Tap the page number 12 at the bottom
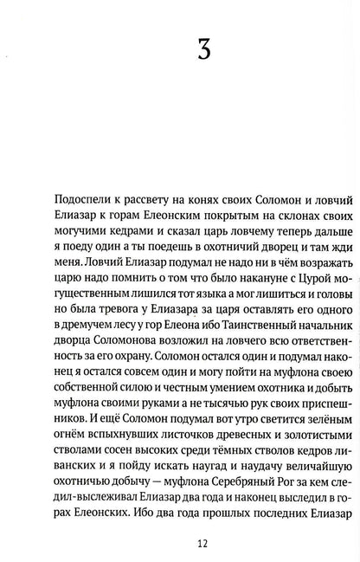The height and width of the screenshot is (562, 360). point(180,543)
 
